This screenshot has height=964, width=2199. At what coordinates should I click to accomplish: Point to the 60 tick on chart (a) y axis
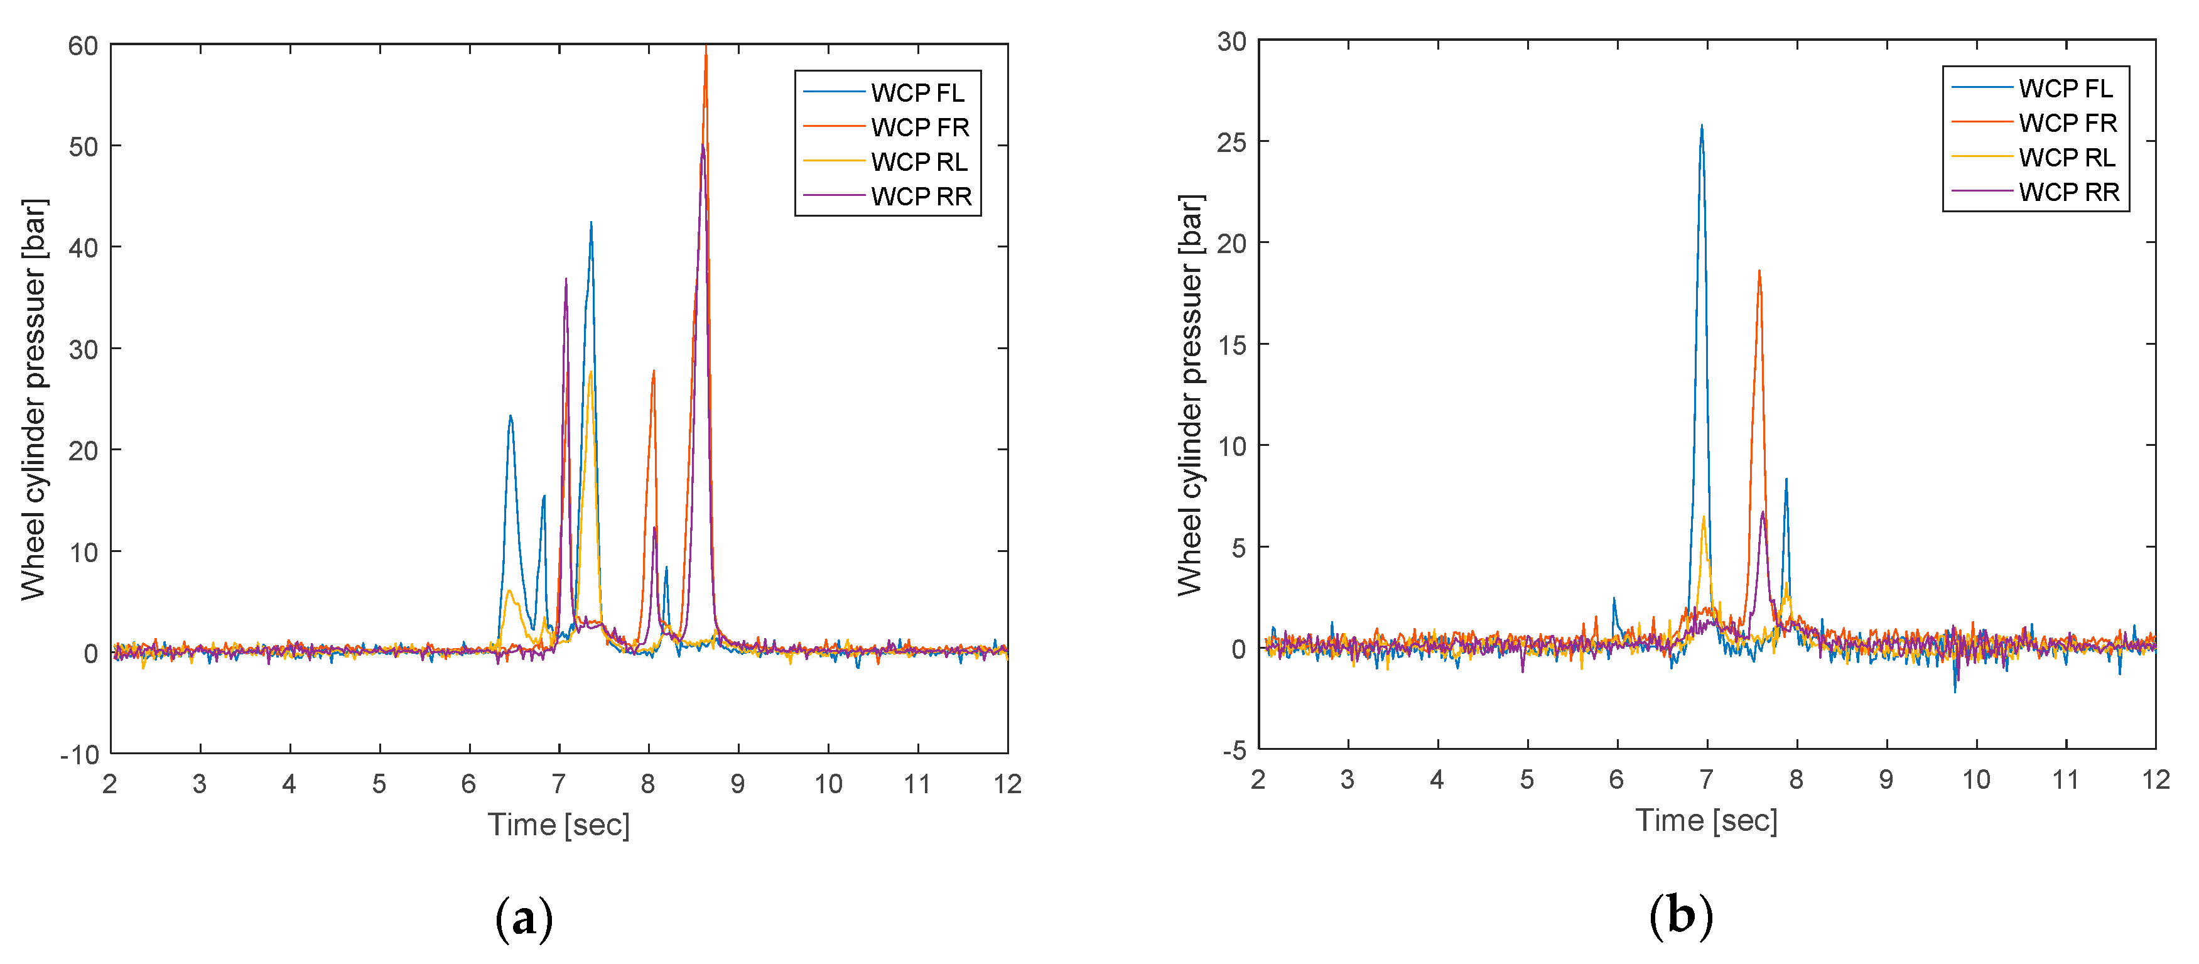[x=83, y=46]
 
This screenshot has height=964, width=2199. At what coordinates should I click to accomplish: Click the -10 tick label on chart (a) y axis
[x=79, y=755]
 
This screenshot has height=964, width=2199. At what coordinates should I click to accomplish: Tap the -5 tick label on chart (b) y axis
[x=1235, y=751]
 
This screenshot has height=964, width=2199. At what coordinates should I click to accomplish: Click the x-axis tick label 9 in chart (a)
[x=738, y=784]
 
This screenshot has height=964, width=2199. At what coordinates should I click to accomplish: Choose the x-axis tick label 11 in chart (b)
[x=2065, y=779]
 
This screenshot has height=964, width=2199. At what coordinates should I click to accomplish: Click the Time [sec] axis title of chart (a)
[x=558, y=825]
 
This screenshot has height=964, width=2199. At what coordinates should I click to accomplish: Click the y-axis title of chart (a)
[x=34, y=399]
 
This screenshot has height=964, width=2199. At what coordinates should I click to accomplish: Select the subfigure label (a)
[x=523, y=919]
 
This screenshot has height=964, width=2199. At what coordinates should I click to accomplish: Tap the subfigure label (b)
[x=1680, y=916]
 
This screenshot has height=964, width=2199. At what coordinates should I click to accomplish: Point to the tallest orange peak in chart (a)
[x=706, y=50]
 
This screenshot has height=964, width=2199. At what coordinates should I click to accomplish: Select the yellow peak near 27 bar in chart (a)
[x=590, y=372]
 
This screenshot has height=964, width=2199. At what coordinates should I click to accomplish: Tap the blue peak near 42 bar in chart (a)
[x=591, y=224]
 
